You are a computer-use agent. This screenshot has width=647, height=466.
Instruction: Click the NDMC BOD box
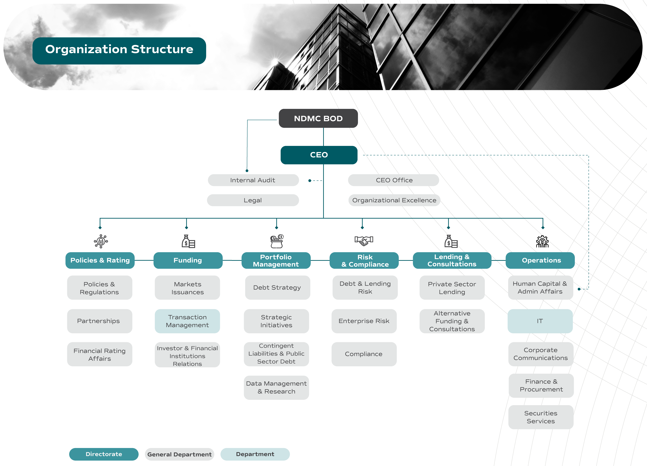[318, 118]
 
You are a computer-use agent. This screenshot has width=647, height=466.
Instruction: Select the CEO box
[319, 155]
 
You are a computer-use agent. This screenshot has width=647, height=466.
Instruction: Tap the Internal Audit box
[253, 180]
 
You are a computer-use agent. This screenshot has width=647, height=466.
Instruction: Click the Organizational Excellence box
[394, 200]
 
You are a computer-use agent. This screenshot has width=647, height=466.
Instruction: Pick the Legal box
[253, 200]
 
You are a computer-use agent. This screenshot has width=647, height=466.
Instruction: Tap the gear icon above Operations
[542, 241]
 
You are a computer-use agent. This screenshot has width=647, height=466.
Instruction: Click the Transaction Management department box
[187, 321]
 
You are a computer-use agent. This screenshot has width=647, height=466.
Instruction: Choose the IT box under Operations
[540, 321]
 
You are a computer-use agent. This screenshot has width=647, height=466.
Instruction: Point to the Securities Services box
[541, 417]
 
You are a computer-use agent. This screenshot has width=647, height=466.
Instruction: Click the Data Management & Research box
[276, 387]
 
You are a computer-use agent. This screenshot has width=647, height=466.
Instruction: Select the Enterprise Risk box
[364, 321]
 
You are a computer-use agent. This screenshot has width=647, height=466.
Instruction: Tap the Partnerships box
[99, 321]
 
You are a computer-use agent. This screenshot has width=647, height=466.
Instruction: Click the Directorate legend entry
[104, 454]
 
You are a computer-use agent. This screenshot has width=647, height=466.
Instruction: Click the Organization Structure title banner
[119, 51]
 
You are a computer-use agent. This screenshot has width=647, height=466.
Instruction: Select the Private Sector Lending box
[452, 288]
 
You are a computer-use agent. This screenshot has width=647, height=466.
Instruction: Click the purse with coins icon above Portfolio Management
[276, 241]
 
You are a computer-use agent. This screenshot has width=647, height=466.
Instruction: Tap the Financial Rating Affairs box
[99, 354]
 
